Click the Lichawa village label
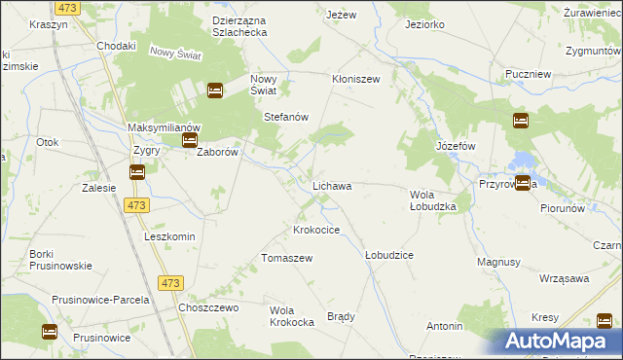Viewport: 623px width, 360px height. coord(331,185)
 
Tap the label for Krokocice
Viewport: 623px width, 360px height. coord(316,231)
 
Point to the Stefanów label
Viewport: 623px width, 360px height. coord(286,117)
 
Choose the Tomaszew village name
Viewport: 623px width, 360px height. coord(286,258)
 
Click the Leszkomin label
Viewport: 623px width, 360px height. coord(169,237)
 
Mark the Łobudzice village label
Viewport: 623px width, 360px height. coord(388,255)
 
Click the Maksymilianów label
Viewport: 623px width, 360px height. coord(164,127)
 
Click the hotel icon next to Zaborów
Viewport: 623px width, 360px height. coord(190,141)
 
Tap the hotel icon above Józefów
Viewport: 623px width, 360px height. coord(521,121)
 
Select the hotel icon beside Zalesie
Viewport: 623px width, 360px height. coord(137,172)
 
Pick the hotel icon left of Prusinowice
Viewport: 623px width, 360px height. coord(50,332)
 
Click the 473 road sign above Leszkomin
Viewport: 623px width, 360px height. coord(136,205)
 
